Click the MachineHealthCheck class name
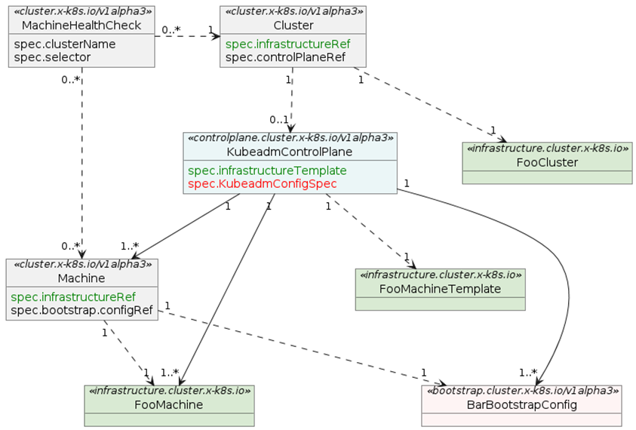coord(81,26)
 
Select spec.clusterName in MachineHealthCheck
coord(65,44)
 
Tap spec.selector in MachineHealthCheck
coord(52,57)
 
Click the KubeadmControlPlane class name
coord(290,152)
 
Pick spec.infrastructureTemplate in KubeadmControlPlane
coord(267,170)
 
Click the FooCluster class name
coord(547,162)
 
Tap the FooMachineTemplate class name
coord(440,288)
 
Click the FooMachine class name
coord(169,405)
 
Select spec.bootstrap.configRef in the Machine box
coord(82,309)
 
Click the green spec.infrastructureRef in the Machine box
coord(73,296)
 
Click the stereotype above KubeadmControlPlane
coord(290,139)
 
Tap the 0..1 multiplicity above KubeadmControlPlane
coord(279,119)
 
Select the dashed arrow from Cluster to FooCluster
coord(430,106)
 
